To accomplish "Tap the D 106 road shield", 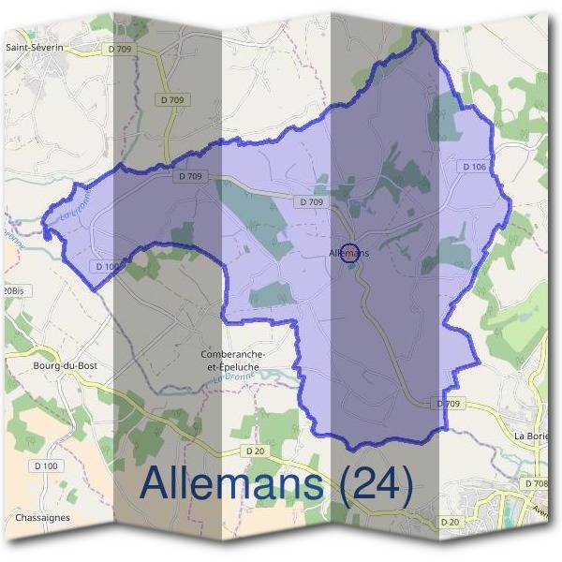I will (x=474, y=167).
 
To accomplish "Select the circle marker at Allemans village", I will (x=349, y=253).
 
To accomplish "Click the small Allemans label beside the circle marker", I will (x=349, y=253).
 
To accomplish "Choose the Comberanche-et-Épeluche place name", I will (x=235, y=361).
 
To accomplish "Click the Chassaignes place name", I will (x=42, y=517).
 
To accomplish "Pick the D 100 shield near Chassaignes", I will (x=45, y=466).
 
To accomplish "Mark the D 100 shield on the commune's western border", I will (x=108, y=267).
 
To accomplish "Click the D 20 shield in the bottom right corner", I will (x=450, y=522).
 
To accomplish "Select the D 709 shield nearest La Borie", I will (x=451, y=403).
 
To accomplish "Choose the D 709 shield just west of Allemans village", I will (x=312, y=201).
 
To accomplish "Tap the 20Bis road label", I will (x=13, y=291).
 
